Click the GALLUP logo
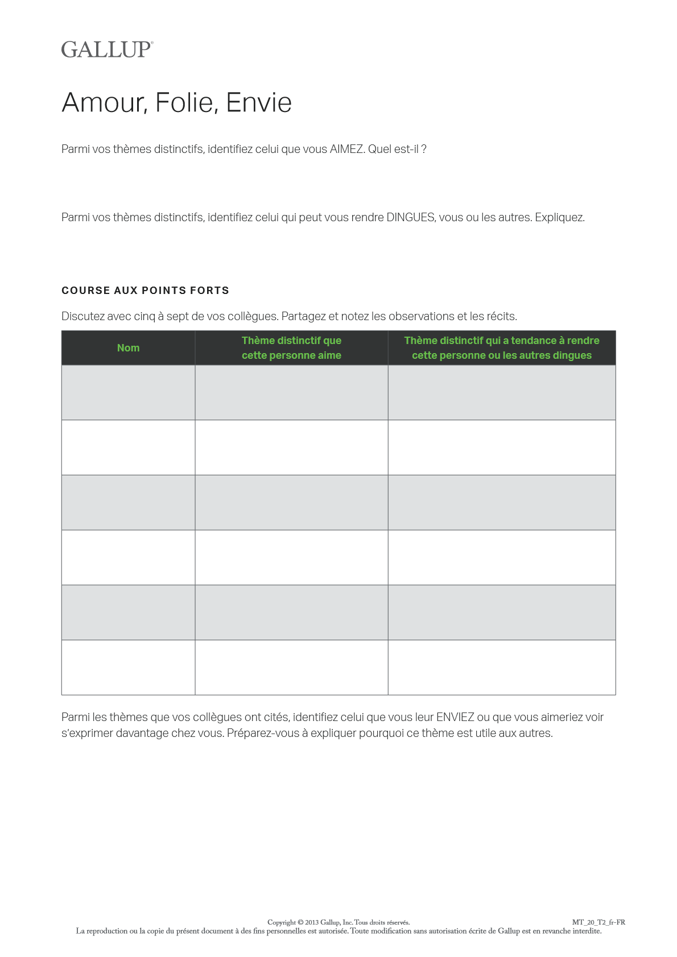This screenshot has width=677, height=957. [107, 49]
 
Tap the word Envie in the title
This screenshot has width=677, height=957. [259, 103]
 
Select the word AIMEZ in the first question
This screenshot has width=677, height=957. [346, 150]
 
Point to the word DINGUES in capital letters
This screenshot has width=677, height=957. [411, 218]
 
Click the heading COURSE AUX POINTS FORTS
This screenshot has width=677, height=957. [145, 291]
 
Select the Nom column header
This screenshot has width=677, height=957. [128, 348]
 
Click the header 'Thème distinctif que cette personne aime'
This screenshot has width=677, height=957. [291, 348]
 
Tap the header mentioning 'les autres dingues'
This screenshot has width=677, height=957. [502, 348]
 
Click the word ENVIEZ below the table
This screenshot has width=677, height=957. [455, 718]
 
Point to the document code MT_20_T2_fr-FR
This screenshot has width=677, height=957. [598, 922]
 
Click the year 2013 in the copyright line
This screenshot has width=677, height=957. [312, 922]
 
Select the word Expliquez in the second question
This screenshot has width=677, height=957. [560, 218]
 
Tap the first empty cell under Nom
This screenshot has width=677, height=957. [128, 392]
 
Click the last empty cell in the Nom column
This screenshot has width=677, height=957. [128, 668]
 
